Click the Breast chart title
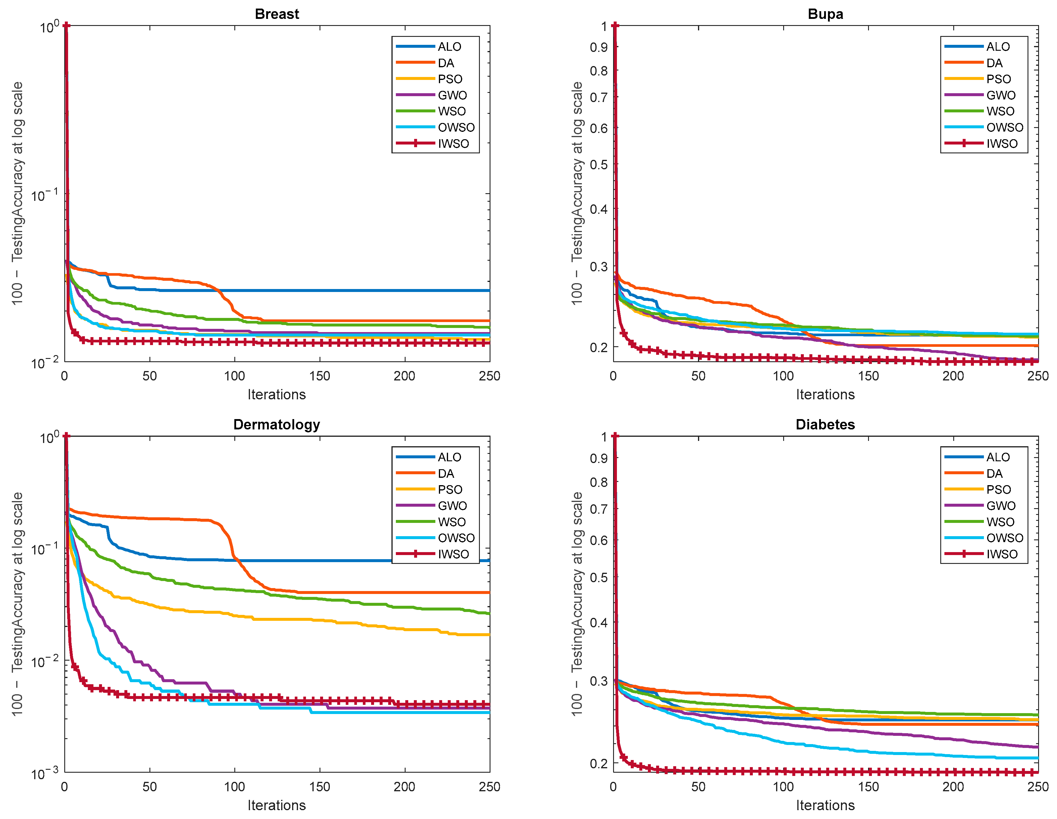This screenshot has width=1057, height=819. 276,14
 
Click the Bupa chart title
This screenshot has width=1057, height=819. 825,14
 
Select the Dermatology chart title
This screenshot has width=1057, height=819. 276,424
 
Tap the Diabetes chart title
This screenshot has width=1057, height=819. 825,424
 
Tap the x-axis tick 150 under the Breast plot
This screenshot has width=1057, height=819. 320,376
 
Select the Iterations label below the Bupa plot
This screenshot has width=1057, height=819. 825,394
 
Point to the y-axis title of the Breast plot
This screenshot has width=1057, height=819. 17,194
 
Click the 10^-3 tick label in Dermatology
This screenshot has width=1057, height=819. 45,774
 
